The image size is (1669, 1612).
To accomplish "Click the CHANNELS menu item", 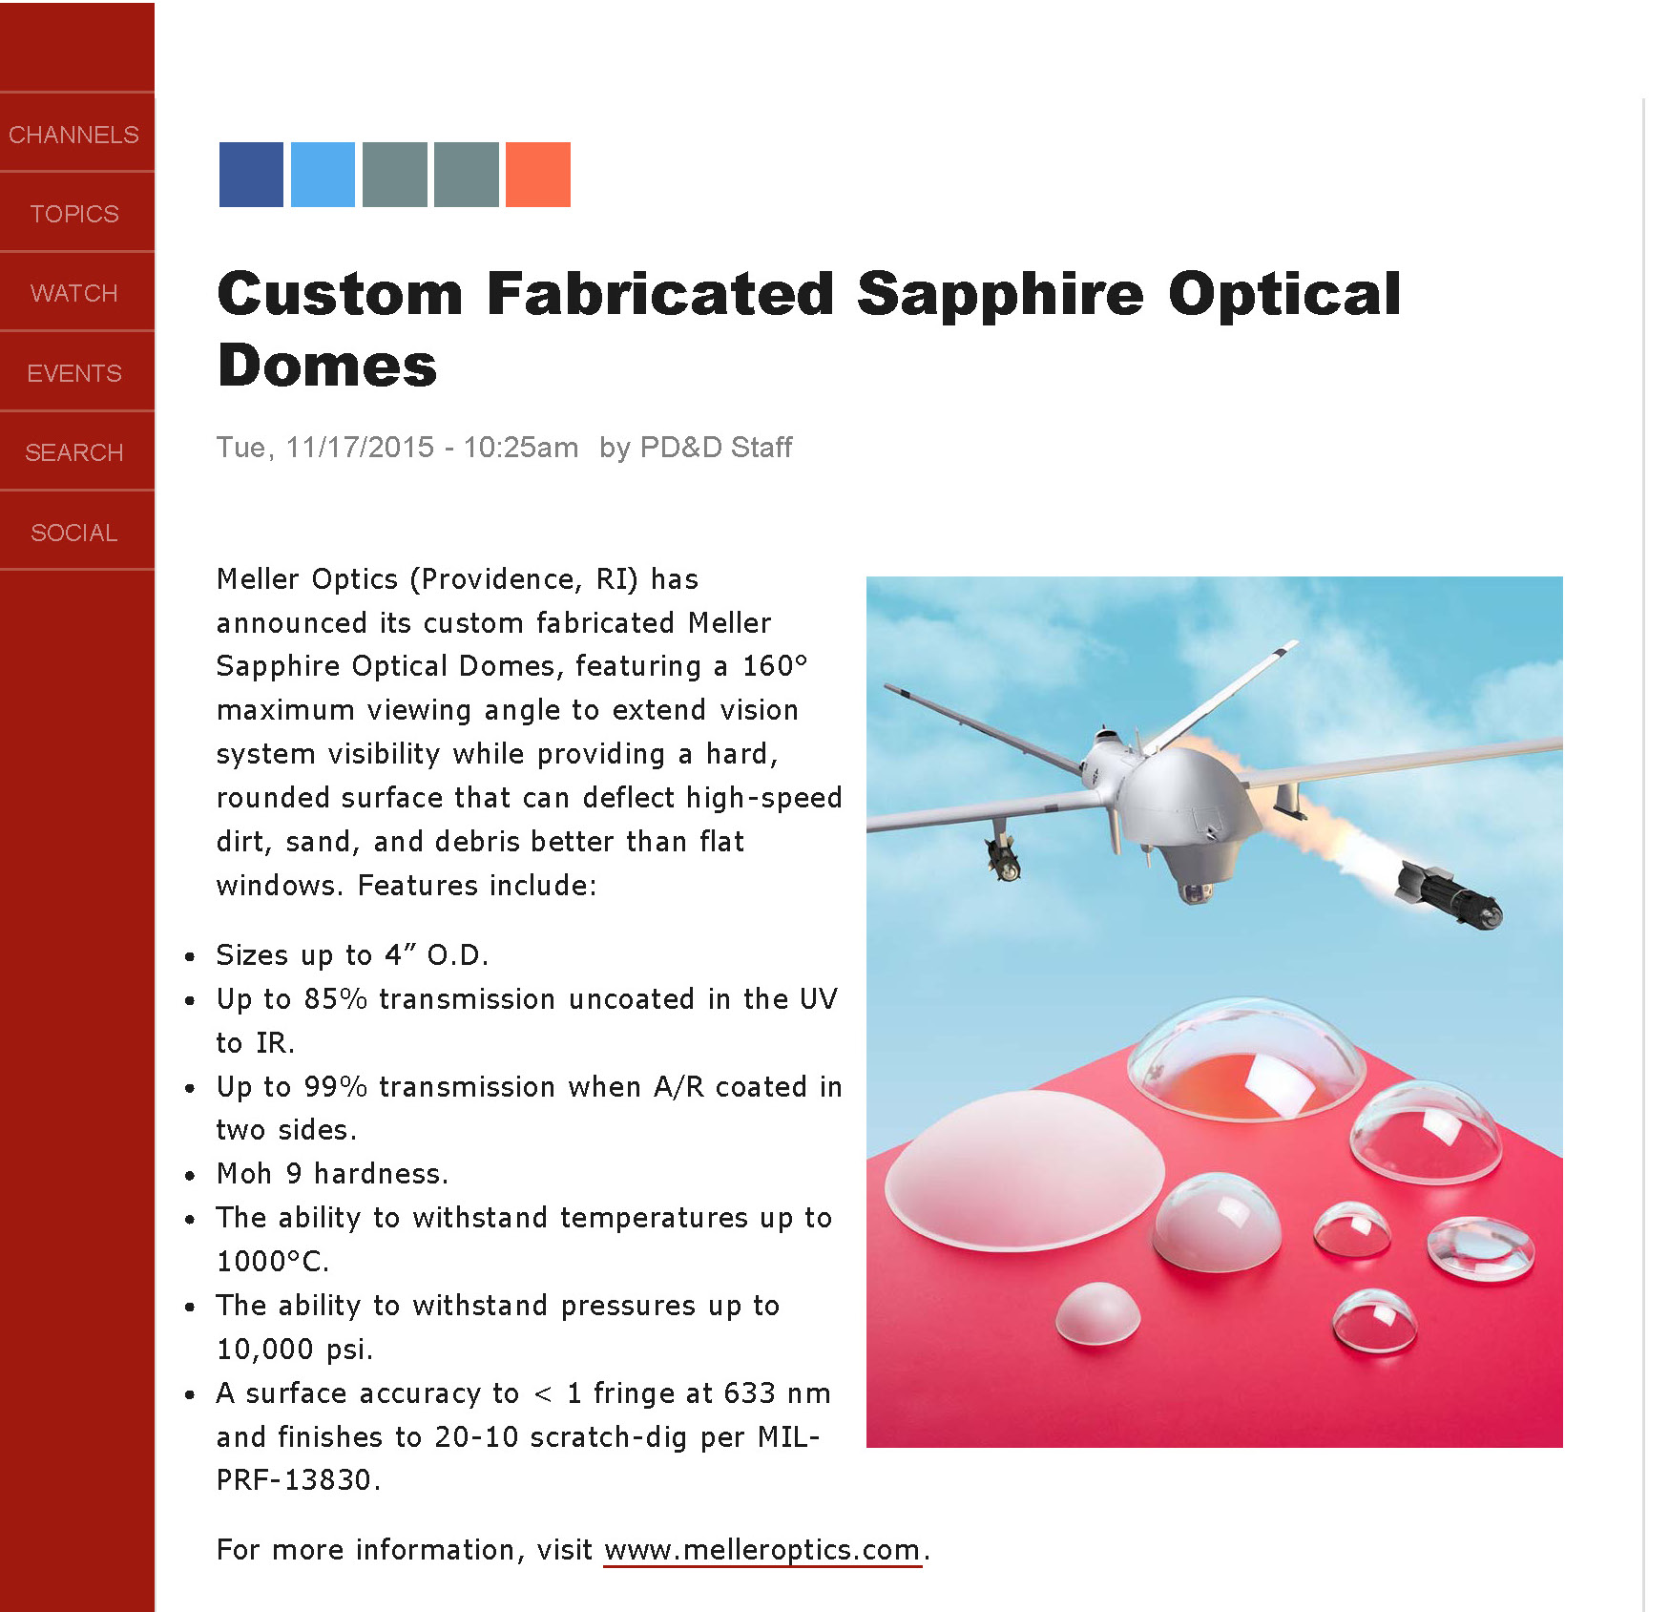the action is click(x=74, y=135).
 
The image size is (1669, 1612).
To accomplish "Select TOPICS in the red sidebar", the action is click(x=74, y=214).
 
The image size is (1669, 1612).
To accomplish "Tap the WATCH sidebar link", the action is click(x=74, y=293).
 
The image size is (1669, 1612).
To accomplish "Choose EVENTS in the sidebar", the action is click(x=74, y=373).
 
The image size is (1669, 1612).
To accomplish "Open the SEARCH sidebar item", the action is click(x=74, y=452).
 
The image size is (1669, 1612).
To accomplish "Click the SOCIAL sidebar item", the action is click(x=74, y=533).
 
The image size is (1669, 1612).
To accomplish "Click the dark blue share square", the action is click(x=251, y=175).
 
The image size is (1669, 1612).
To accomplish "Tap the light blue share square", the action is click(x=323, y=175).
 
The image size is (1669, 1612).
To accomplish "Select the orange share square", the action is click(x=538, y=175).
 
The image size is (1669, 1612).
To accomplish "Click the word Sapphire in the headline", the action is click(x=1000, y=294).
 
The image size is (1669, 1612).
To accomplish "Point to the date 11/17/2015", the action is click(x=360, y=447).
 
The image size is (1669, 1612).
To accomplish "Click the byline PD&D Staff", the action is click(x=716, y=447).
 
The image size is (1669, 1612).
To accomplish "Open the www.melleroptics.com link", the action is click(x=762, y=1550).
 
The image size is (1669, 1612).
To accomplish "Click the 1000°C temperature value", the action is click(x=273, y=1262).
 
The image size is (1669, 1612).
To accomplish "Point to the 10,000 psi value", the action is click(x=294, y=1350).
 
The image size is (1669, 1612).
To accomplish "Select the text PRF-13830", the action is click(x=298, y=1480).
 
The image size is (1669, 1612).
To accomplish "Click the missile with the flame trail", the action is click(x=1449, y=891).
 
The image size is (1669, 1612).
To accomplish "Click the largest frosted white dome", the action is click(x=1024, y=1169).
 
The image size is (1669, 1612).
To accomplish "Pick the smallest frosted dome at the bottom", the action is click(x=1097, y=1313).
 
